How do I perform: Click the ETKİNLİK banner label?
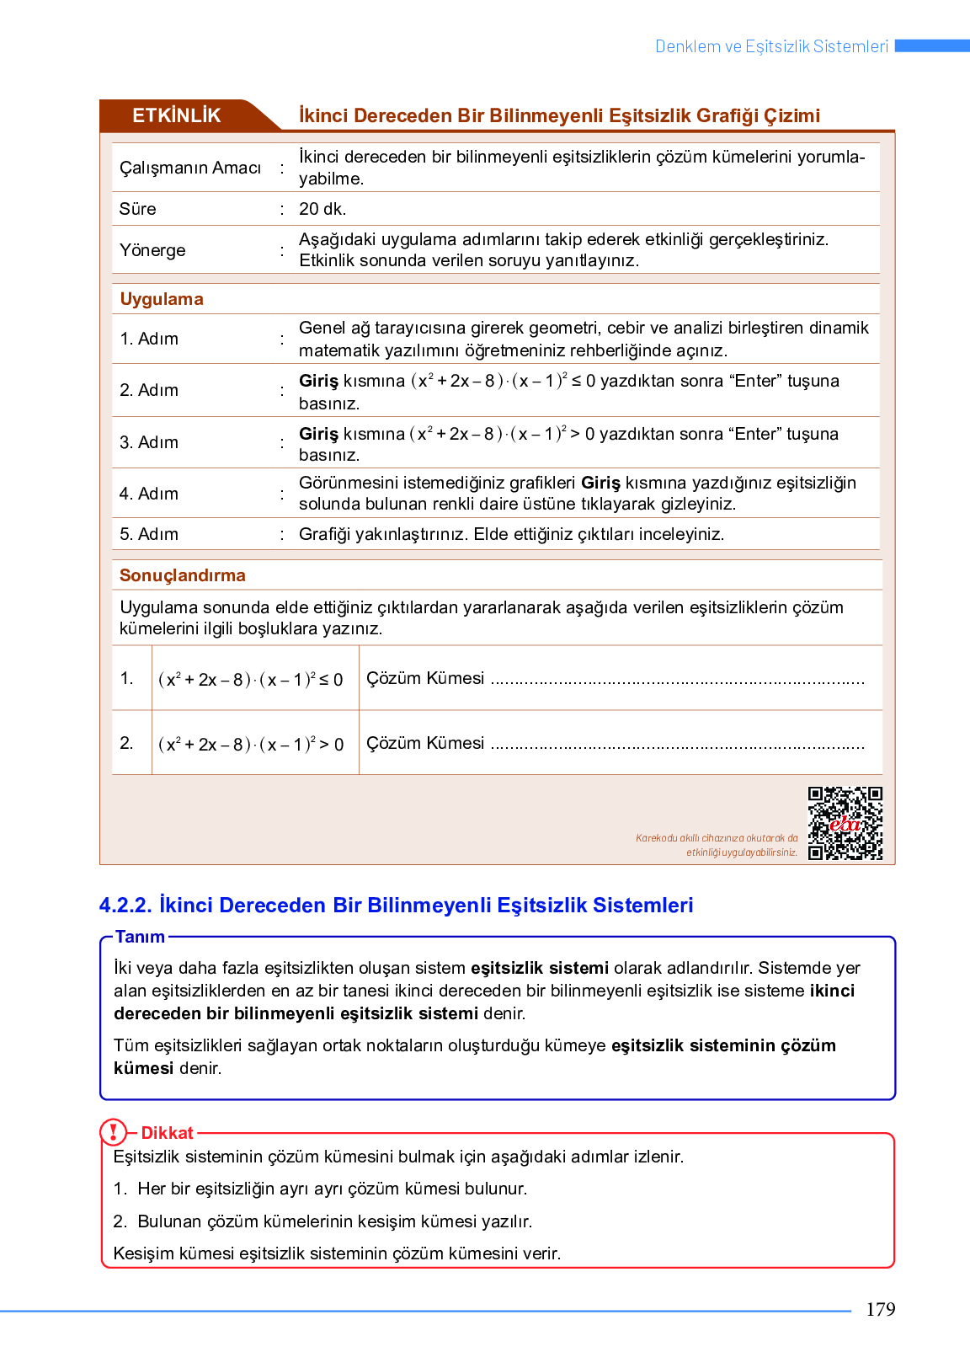(x=177, y=115)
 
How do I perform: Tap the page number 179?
(x=880, y=1309)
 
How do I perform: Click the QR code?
(x=845, y=823)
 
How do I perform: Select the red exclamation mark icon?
(x=113, y=1132)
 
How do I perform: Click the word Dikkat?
(x=167, y=1133)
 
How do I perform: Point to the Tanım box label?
(x=140, y=937)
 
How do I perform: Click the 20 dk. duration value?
(x=322, y=209)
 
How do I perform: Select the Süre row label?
(x=137, y=209)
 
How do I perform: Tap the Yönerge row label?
(x=152, y=250)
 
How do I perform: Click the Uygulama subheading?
(x=161, y=299)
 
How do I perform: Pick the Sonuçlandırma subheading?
(x=182, y=575)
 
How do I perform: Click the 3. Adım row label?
(x=149, y=442)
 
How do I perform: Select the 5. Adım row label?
(x=149, y=534)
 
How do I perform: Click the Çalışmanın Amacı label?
(x=190, y=168)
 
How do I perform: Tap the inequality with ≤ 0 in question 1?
(x=251, y=680)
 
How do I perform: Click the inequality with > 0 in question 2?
(x=251, y=745)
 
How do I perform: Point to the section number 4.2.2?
(x=125, y=906)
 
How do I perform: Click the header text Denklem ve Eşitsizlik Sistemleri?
(x=771, y=46)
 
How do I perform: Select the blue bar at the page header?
(x=932, y=45)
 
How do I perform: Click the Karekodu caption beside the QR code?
(x=717, y=845)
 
